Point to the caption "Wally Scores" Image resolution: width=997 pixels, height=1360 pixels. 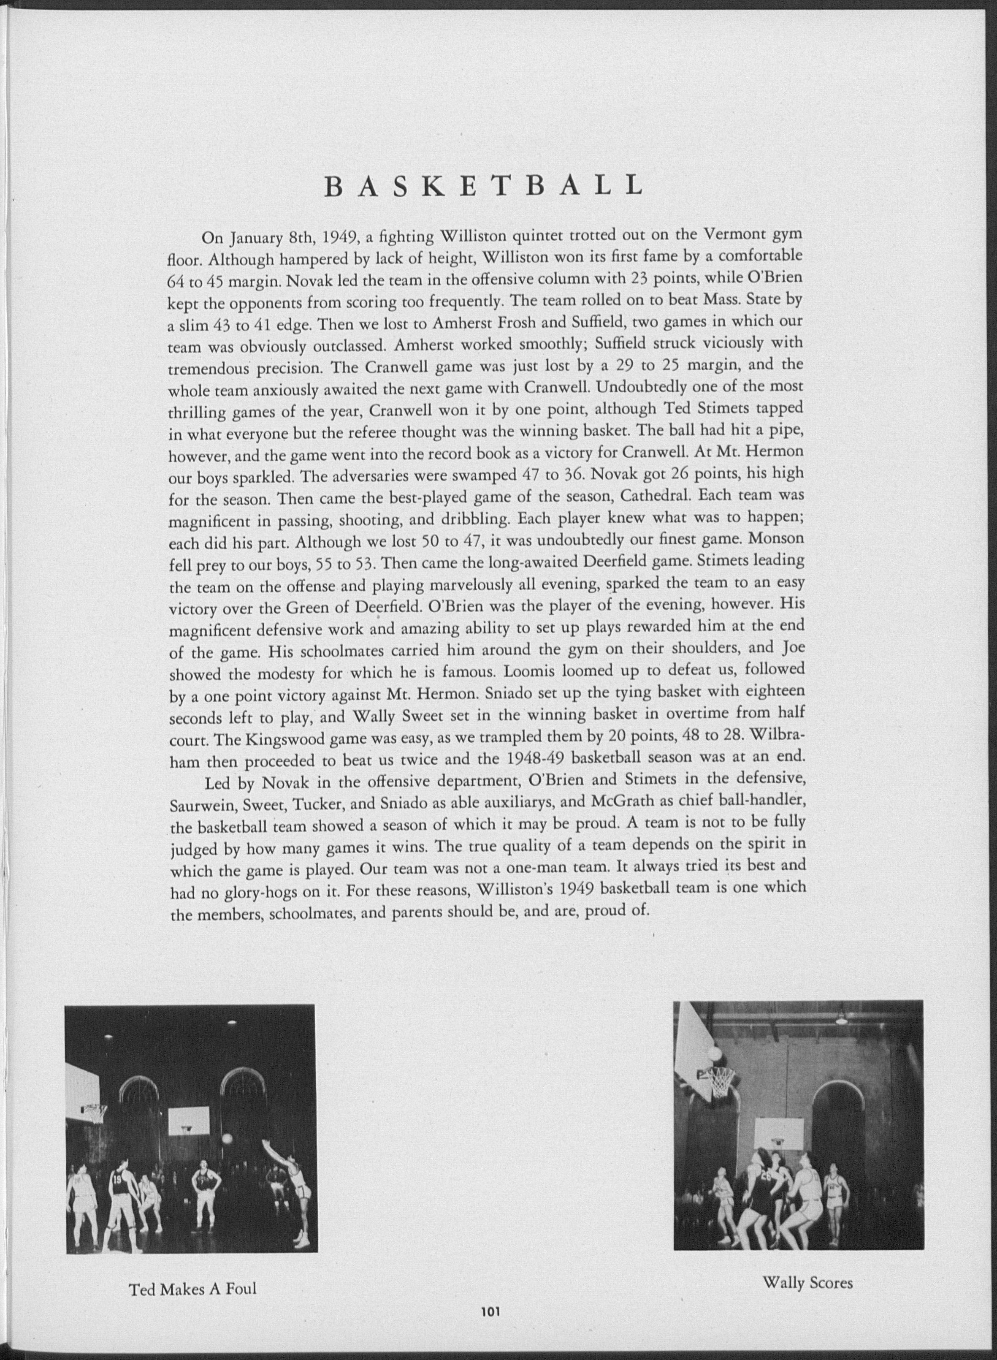(807, 1279)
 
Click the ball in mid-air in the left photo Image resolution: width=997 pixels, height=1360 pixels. (228, 1138)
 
